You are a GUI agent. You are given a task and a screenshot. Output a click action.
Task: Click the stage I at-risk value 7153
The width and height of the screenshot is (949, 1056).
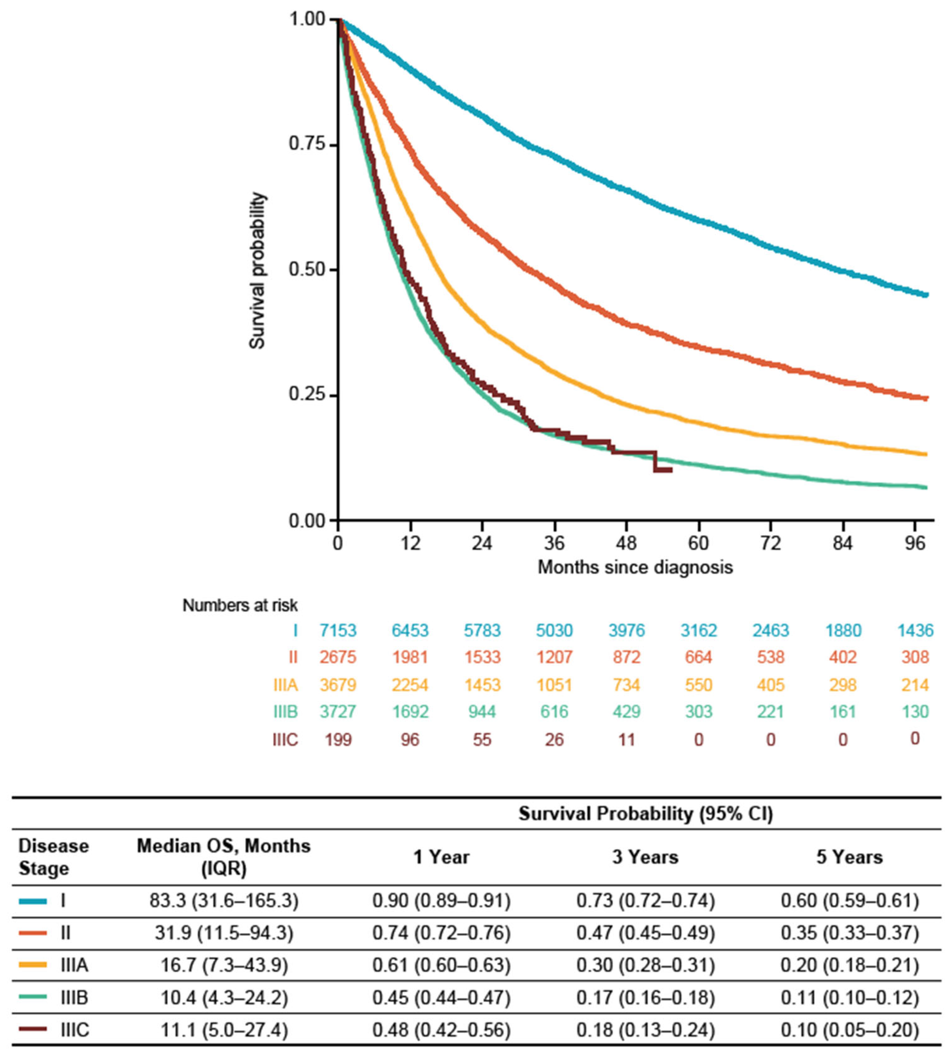pyautogui.click(x=338, y=630)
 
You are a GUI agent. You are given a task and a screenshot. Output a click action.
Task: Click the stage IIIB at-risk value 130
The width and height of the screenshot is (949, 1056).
pyautogui.click(x=915, y=711)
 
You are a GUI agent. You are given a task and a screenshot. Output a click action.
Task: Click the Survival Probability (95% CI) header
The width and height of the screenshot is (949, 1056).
pyautogui.click(x=645, y=814)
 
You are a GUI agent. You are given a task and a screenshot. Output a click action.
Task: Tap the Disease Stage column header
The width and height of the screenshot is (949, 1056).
pyautogui.click(x=53, y=857)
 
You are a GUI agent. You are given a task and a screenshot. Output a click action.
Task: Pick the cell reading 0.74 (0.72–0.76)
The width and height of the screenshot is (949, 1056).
pyautogui.click(x=441, y=933)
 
